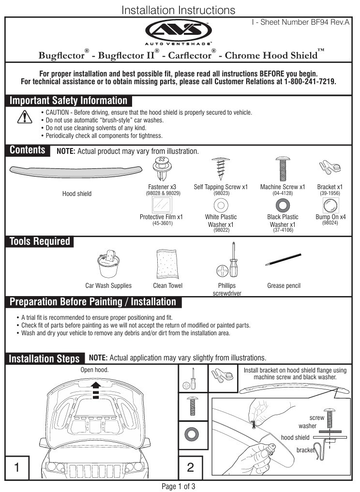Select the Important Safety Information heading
pyautogui.click(x=69, y=101)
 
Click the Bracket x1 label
pyautogui.click(x=330, y=187)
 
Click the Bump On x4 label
pyautogui.click(x=330, y=217)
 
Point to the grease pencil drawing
pyautogui.click(x=284, y=260)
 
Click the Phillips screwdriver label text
pyautogui.click(x=227, y=289)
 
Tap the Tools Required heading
pyautogui.click(x=40, y=241)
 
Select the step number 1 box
pyautogui.click(x=17, y=467)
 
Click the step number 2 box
pyautogui.click(x=190, y=467)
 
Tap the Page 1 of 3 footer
pyautogui.click(x=179, y=486)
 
